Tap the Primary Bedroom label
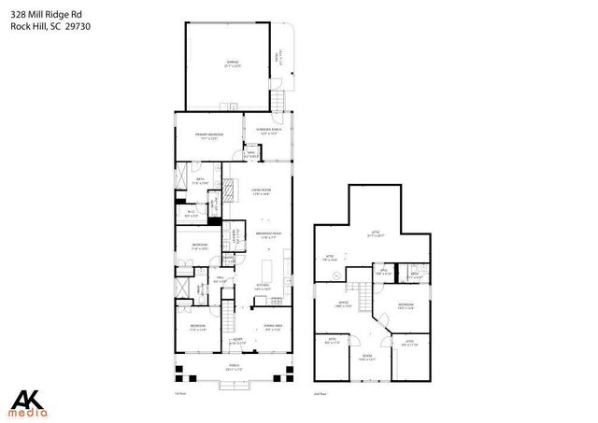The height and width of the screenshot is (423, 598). click(208, 136)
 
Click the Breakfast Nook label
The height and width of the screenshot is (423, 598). click(269, 236)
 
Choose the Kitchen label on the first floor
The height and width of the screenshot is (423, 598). click(263, 288)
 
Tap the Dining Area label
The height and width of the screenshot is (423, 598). click(273, 327)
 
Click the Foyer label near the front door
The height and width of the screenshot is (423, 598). click(238, 342)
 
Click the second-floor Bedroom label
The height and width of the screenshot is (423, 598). click(406, 306)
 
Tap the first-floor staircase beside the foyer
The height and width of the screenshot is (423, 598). click(224, 321)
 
